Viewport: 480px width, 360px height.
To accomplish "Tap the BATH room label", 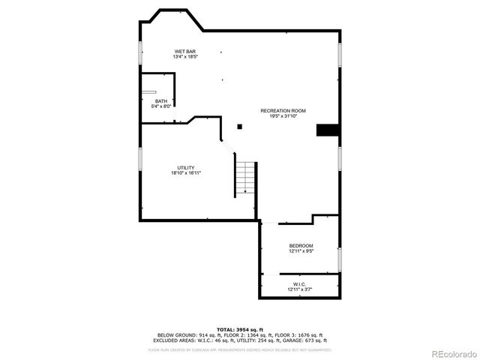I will [161, 101].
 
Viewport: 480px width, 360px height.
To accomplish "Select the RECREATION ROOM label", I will [283, 110].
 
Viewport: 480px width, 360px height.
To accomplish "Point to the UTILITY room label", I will [186, 167].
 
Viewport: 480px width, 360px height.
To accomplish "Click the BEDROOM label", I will [301, 246].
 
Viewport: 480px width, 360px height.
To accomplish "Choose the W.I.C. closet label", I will [299, 284].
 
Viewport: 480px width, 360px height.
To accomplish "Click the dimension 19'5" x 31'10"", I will [283, 115].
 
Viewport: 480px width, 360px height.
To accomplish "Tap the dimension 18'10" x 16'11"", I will [186, 173].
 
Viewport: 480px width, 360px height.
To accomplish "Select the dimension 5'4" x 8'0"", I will [161, 106].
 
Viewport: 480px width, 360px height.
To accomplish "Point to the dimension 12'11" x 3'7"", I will [299, 289].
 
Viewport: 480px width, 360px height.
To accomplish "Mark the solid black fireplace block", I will [327, 130].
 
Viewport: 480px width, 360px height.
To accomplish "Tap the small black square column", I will [239, 127].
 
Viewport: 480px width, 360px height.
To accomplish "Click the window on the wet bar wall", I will [139, 52].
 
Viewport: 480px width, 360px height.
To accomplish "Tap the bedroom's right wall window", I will [340, 258].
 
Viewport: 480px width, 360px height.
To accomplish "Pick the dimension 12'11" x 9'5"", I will [301, 251].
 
